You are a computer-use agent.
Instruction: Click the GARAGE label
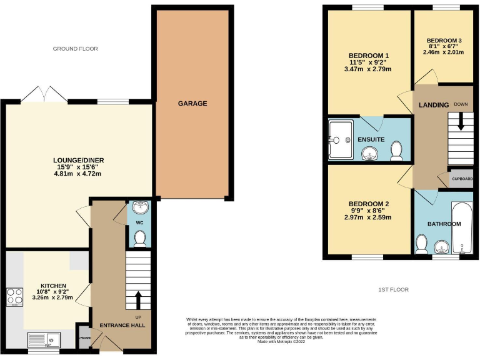tap(192, 103)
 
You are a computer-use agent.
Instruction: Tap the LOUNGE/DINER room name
tap(79, 160)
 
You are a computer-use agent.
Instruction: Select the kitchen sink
tap(44, 339)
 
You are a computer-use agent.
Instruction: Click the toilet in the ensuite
tap(396, 150)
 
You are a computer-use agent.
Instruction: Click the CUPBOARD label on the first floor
tap(462, 178)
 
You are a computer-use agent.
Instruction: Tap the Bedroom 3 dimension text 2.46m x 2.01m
tap(443, 52)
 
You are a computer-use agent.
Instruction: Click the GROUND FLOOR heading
tap(75, 49)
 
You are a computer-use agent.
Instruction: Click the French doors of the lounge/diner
tap(44, 95)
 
